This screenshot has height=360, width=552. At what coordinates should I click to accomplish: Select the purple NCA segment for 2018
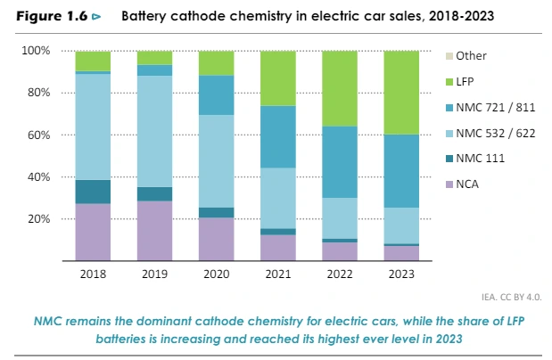(93, 232)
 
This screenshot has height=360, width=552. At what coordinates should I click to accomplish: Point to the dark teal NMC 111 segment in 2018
(93, 192)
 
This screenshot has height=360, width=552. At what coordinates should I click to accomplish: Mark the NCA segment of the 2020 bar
(215, 239)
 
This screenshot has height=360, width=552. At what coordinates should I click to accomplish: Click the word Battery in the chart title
(143, 16)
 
